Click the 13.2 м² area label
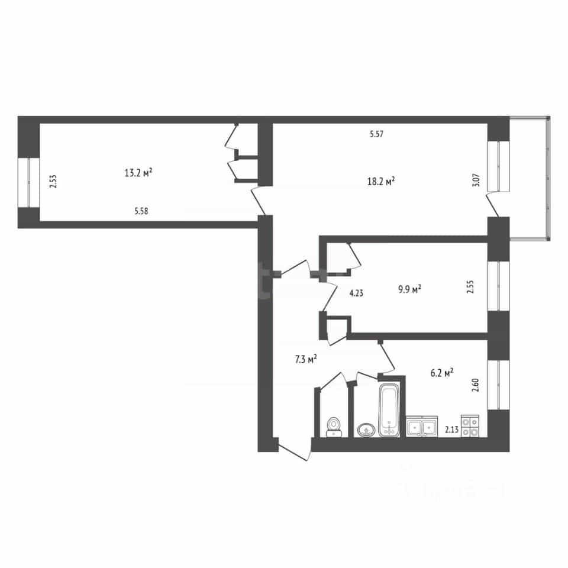click(138, 172)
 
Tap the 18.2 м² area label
click(380, 181)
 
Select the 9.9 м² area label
click(409, 289)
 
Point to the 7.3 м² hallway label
click(306, 359)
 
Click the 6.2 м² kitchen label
click(442, 373)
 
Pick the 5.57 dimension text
click(376, 134)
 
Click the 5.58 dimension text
click(141, 211)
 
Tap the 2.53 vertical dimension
click(53, 181)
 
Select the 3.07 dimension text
click(476, 180)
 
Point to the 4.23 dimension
click(356, 293)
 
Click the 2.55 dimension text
click(470, 286)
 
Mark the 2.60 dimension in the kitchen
click(476, 385)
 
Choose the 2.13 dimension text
click(451, 430)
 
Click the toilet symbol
click(334, 427)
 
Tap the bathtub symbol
click(389, 410)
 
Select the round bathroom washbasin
click(366, 430)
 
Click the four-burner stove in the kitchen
click(470, 425)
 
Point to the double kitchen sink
click(422, 427)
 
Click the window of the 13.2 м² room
click(28, 182)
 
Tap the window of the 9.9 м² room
click(498, 286)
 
